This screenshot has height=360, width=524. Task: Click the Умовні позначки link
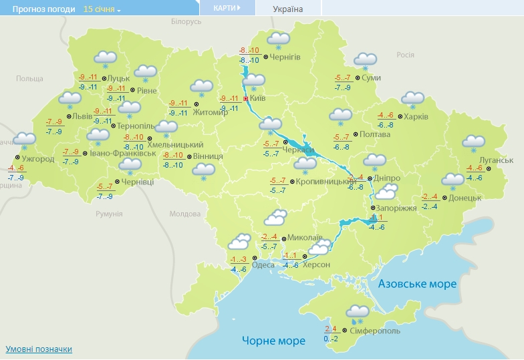pyautogui.click(x=39, y=349)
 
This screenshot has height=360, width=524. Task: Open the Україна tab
pyautogui.click(x=288, y=9)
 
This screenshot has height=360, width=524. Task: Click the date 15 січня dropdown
pyautogui.click(x=102, y=9)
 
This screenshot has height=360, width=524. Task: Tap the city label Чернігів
pyautogui.click(x=285, y=57)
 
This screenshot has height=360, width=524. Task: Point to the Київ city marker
pyautogui.click(x=245, y=98)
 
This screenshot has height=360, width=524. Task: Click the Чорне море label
pyautogui.click(x=273, y=341)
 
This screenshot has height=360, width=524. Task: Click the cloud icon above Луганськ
pyautogui.click(x=474, y=142)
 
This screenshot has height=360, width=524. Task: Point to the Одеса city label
pyautogui.click(x=263, y=265)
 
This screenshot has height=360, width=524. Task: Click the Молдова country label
pyautogui.click(x=184, y=214)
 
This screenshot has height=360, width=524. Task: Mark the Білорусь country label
pyautogui.click(x=186, y=21)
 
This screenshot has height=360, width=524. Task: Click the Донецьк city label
pyautogui.click(x=465, y=198)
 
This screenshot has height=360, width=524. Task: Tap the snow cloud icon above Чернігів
pyautogui.click(x=278, y=39)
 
